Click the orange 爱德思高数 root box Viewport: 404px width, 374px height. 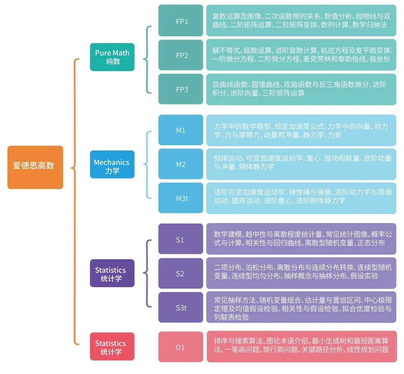(x=35, y=167)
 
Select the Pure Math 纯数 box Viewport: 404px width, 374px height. (x=112, y=57)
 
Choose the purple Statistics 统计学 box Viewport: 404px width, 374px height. (x=112, y=273)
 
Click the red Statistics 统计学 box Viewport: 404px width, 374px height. (x=112, y=346)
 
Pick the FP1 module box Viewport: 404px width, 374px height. (x=181, y=21)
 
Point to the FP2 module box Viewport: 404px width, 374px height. (x=181, y=55)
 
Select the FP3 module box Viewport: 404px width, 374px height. (x=181, y=89)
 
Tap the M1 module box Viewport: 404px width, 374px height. (x=181, y=130)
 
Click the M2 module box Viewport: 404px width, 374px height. (x=181, y=164)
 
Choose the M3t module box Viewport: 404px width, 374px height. (x=181, y=198)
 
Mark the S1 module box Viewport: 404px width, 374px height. (x=181, y=239)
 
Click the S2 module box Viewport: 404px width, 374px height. (x=181, y=273)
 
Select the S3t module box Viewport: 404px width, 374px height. (x=181, y=307)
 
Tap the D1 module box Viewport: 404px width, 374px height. (x=181, y=346)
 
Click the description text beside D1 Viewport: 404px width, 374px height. (x=302, y=346)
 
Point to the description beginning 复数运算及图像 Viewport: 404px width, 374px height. (x=301, y=21)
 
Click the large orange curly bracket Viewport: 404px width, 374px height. (x=75, y=202)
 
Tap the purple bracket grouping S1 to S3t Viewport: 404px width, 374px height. (x=148, y=273)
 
